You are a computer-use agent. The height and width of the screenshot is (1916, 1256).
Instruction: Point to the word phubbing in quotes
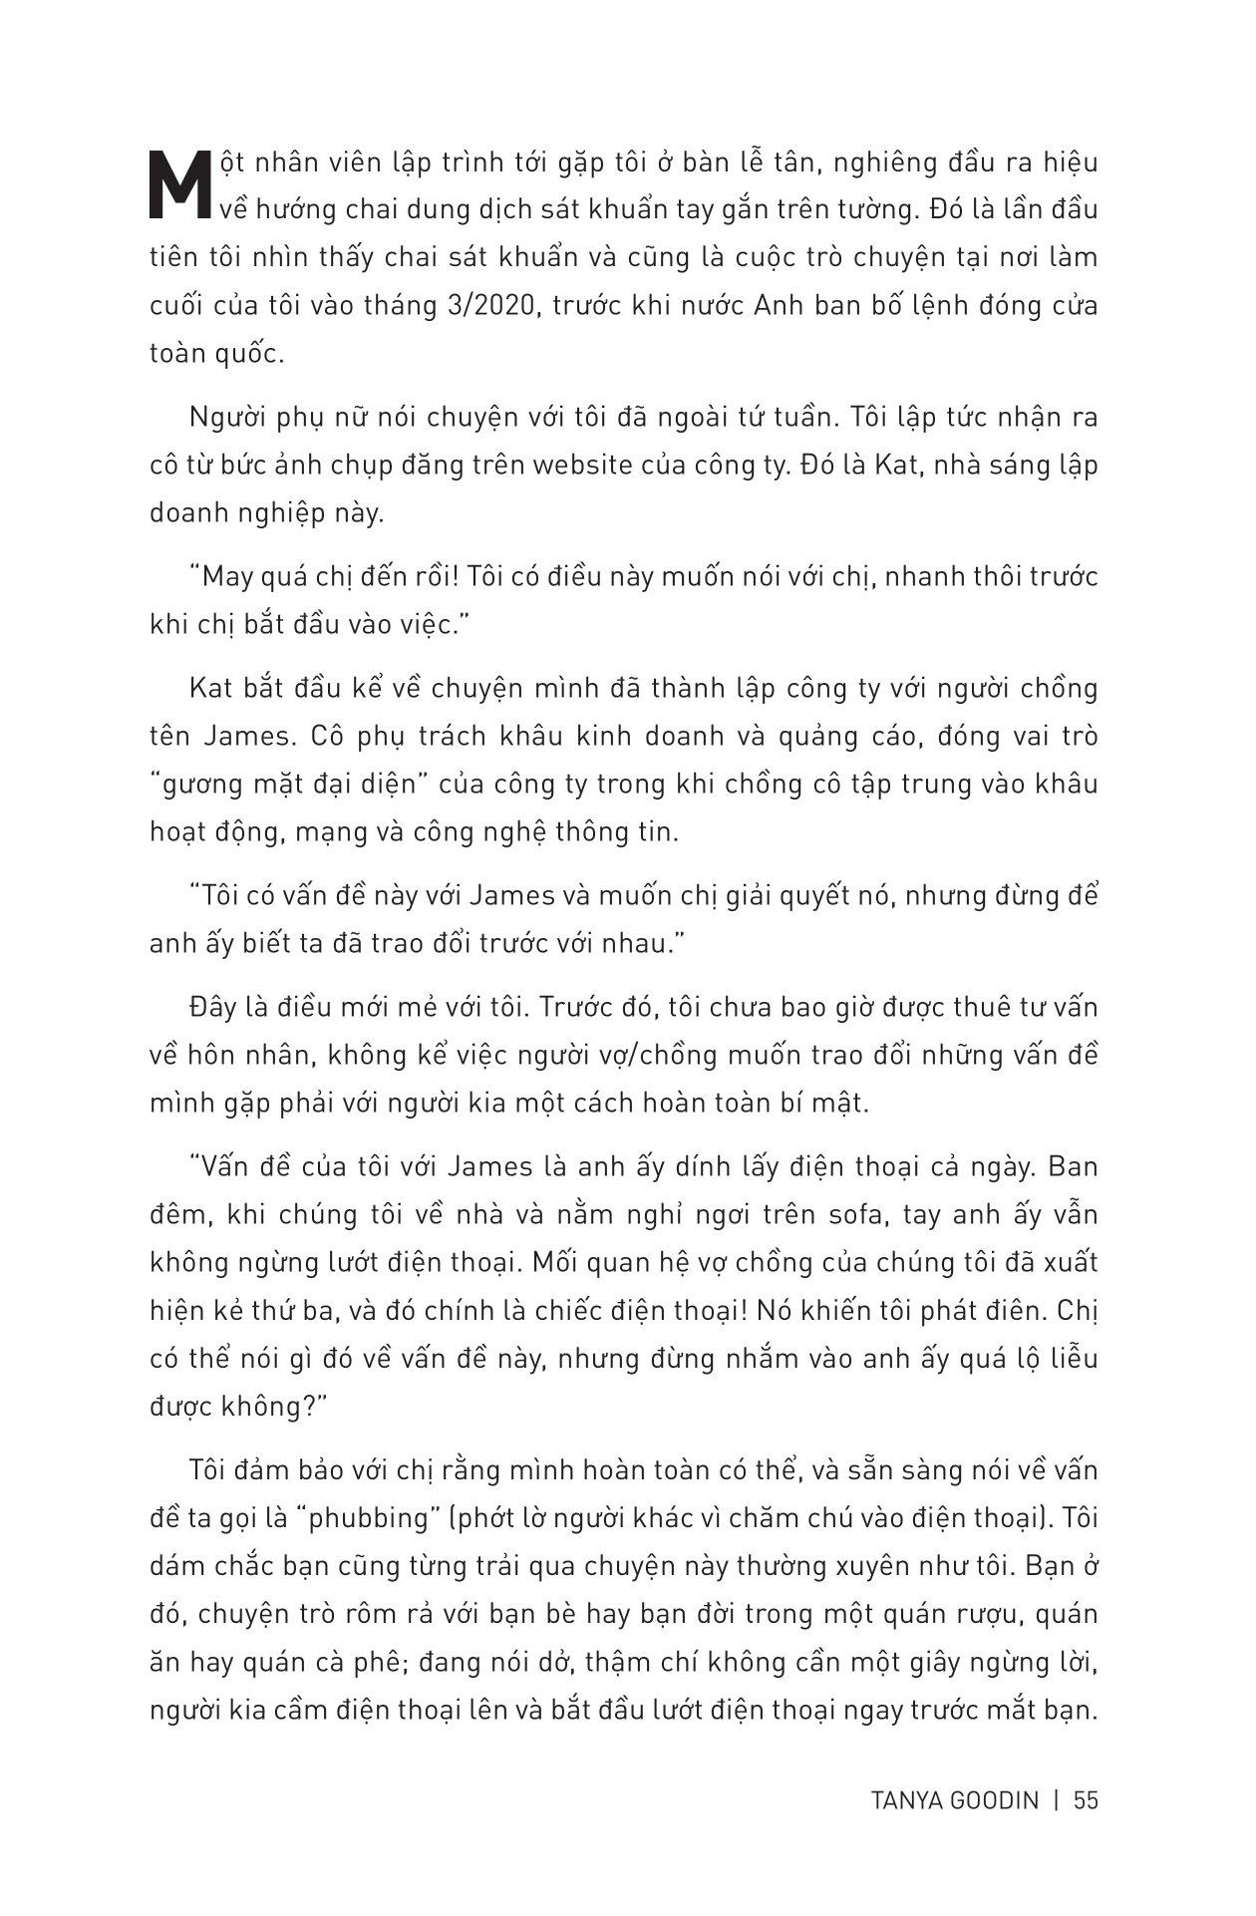pos(370,1518)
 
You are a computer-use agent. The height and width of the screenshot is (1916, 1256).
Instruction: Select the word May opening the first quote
pos(221,577)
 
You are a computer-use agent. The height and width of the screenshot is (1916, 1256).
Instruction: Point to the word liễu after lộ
pos(1068,1358)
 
